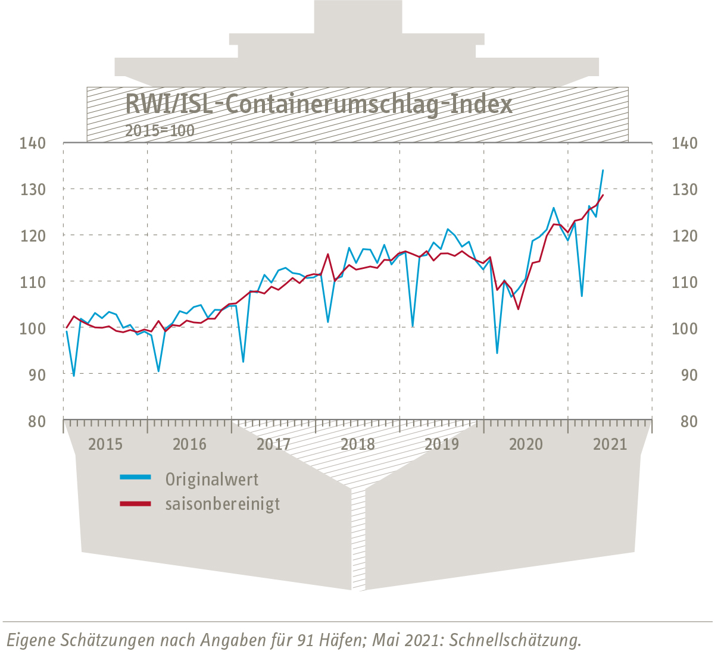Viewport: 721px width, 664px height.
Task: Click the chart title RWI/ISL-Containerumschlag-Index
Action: pos(319,105)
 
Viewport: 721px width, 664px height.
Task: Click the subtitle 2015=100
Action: pos(160,130)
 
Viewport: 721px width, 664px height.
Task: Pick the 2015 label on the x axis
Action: pos(105,444)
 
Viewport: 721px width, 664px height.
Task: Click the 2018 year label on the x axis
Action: pos(358,444)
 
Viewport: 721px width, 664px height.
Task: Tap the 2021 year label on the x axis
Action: pos(610,444)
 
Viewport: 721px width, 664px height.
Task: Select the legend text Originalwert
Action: pos(212,479)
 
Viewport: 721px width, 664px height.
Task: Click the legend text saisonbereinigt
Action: pos(223,504)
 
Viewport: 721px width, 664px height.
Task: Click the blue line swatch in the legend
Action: pos(136,477)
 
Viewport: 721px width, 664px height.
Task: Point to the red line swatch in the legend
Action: pos(136,503)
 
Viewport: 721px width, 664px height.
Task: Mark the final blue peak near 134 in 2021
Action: pos(603,170)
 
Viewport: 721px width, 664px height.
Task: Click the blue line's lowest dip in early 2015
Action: pos(74,376)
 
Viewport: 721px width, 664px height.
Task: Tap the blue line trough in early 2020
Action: pos(497,353)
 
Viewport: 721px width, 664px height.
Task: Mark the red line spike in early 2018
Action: pos(328,254)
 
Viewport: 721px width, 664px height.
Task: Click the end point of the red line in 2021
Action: pos(603,195)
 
